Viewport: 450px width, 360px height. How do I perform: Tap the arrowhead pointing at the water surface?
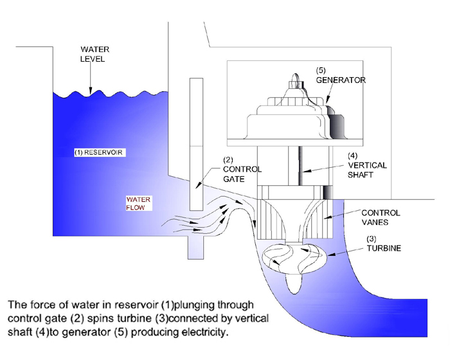tap(91, 90)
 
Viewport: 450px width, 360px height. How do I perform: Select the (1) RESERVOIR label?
tap(98, 152)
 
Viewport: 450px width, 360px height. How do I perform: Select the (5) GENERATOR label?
tap(340, 75)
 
